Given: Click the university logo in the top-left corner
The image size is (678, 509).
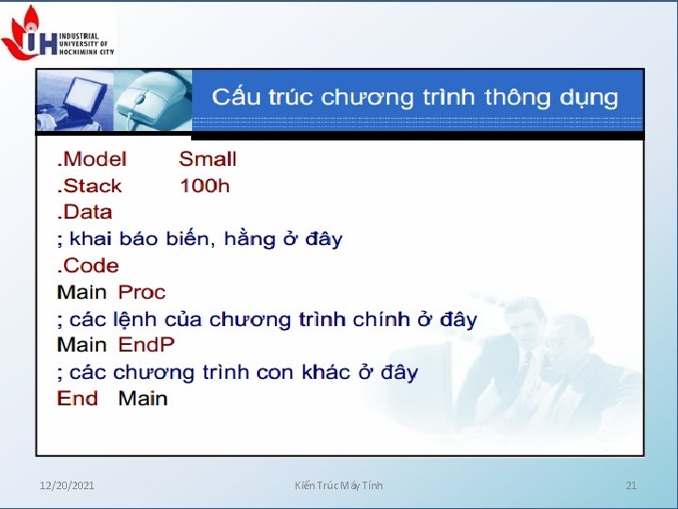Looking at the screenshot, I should click(56, 32).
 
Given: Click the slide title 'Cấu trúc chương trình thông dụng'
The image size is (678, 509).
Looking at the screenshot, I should click(414, 97).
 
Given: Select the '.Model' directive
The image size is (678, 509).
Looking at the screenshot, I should click(91, 159).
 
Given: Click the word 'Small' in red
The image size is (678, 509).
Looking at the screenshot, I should click(207, 159).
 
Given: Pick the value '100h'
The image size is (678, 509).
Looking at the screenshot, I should click(204, 186).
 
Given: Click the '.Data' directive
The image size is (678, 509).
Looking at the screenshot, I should click(85, 212).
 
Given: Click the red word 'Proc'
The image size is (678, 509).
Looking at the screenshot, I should click(141, 292).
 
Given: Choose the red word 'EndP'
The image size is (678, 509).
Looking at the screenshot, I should click(146, 345).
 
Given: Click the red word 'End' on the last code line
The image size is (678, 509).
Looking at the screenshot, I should click(77, 398).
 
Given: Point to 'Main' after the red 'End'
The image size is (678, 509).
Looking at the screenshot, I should click(142, 398).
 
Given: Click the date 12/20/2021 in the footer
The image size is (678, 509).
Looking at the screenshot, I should click(67, 485).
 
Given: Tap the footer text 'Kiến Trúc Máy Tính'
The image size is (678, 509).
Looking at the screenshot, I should click(338, 485).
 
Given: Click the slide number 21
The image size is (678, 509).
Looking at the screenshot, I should click(631, 485).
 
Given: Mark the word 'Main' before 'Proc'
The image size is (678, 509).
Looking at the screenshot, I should click(82, 292).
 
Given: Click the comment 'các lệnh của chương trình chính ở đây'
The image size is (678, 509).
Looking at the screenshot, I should click(267, 320).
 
